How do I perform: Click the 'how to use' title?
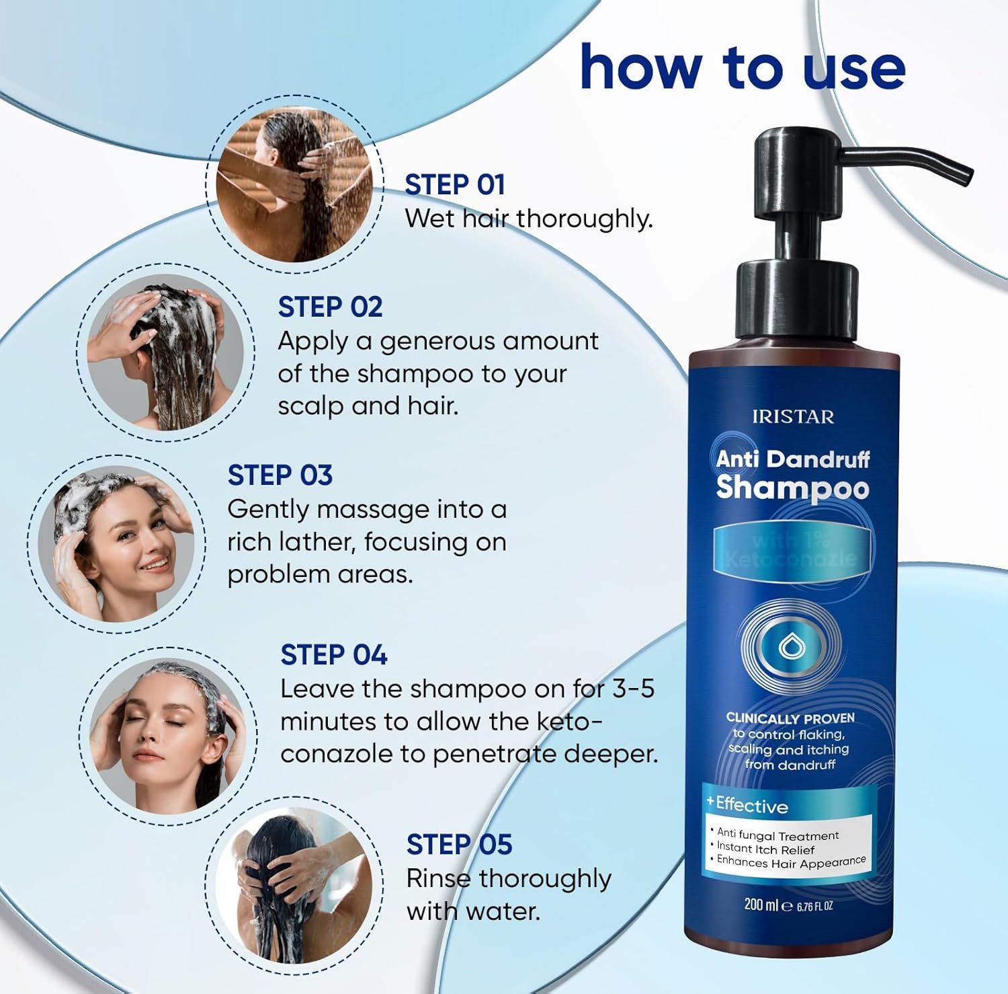coord(742,67)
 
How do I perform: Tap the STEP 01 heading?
coord(454,184)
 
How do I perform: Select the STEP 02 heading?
coord(330,307)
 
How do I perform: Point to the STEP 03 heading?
coord(280,475)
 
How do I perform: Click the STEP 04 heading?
coord(333,654)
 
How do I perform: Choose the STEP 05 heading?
coord(459,844)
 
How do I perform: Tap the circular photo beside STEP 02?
coord(166,352)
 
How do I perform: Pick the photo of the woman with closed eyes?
coord(168,735)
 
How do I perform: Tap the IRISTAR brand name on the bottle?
coord(793,417)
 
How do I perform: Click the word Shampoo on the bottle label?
coord(792,488)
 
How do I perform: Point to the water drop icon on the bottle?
coord(788,648)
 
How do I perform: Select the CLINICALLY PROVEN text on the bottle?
coord(790,718)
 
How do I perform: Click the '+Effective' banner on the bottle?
coord(749,804)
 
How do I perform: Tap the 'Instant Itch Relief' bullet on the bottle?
coord(765,849)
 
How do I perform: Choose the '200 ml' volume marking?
coord(760,905)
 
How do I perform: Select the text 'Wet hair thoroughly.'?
coord(528,219)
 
